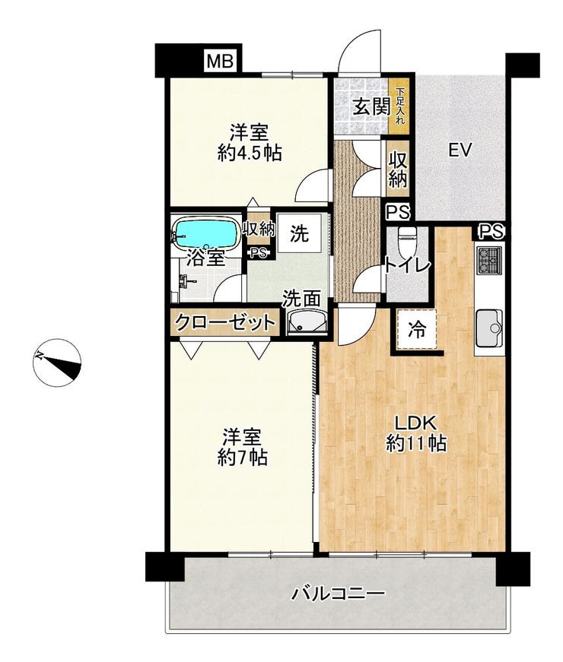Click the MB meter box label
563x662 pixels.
click(x=220, y=62)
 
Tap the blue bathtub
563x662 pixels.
click(x=206, y=234)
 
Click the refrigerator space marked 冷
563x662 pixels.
click(x=417, y=329)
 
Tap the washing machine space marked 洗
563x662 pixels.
click(x=300, y=233)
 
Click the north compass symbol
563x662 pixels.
click(x=57, y=363)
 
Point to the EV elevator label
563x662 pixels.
click(x=460, y=150)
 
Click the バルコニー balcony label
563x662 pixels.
click(x=339, y=594)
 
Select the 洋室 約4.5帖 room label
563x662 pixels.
click(x=250, y=143)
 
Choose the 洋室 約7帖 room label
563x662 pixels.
click(x=242, y=447)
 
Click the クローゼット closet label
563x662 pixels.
click(x=225, y=324)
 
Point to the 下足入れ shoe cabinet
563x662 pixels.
click(x=399, y=106)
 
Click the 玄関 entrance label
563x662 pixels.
click(x=371, y=107)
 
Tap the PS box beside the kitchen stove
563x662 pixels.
click(x=491, y=231)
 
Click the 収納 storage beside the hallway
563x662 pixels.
click(x=398, y=169)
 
